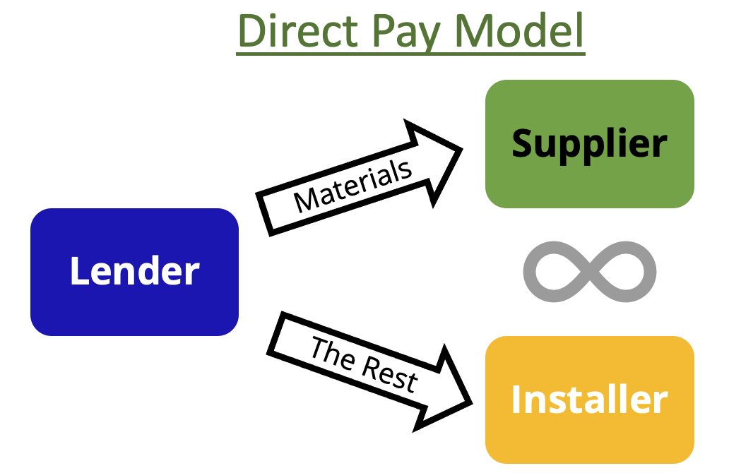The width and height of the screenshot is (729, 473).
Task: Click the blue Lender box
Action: pos(134,272)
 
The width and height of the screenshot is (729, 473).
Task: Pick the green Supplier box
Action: pos(590,144)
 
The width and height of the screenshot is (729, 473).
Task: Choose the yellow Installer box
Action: pos(590,400)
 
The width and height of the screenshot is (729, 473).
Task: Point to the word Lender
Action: pos(134,271)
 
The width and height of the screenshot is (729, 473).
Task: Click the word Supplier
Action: pos(590,145)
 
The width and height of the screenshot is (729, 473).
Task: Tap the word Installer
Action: pos(590,399)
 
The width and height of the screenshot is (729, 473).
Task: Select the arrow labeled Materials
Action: pos(359,179)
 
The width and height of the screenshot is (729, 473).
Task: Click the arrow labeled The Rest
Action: pos(369,371)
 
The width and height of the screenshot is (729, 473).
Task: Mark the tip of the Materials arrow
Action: pos(462,149)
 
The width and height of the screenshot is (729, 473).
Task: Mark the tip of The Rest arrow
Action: pos(473,403)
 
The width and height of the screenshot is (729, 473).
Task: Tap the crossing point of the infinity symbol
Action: pos(590,272)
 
